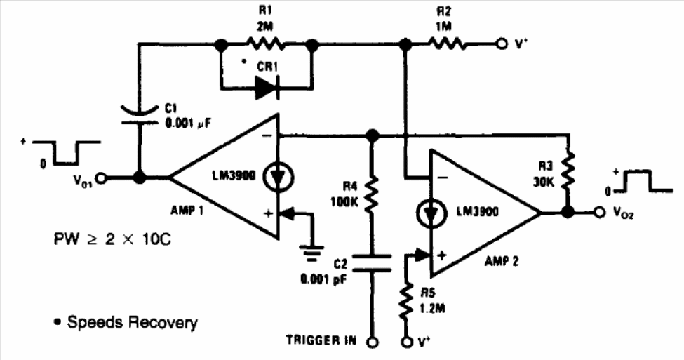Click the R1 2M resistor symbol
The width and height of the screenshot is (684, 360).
[x=265, y=44]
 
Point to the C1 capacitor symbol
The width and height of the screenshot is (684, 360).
[x=138, y=114]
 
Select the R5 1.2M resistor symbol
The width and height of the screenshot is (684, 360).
[x=406, y=300]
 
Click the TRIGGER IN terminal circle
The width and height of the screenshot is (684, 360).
[x=373, y=342]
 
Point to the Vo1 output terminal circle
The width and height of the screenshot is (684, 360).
[x=102, y=178]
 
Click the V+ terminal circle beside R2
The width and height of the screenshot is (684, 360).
[x=500, y=44]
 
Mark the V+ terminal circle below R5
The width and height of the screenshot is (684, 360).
[x=406, y=342]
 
